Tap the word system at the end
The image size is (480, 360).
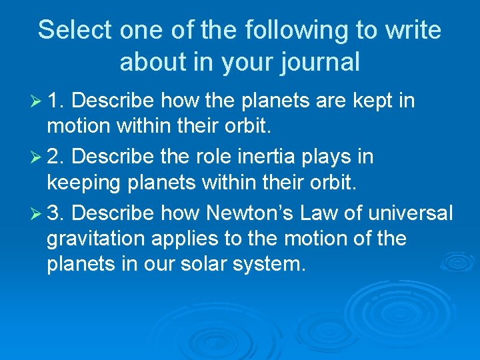coord(273,263)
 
